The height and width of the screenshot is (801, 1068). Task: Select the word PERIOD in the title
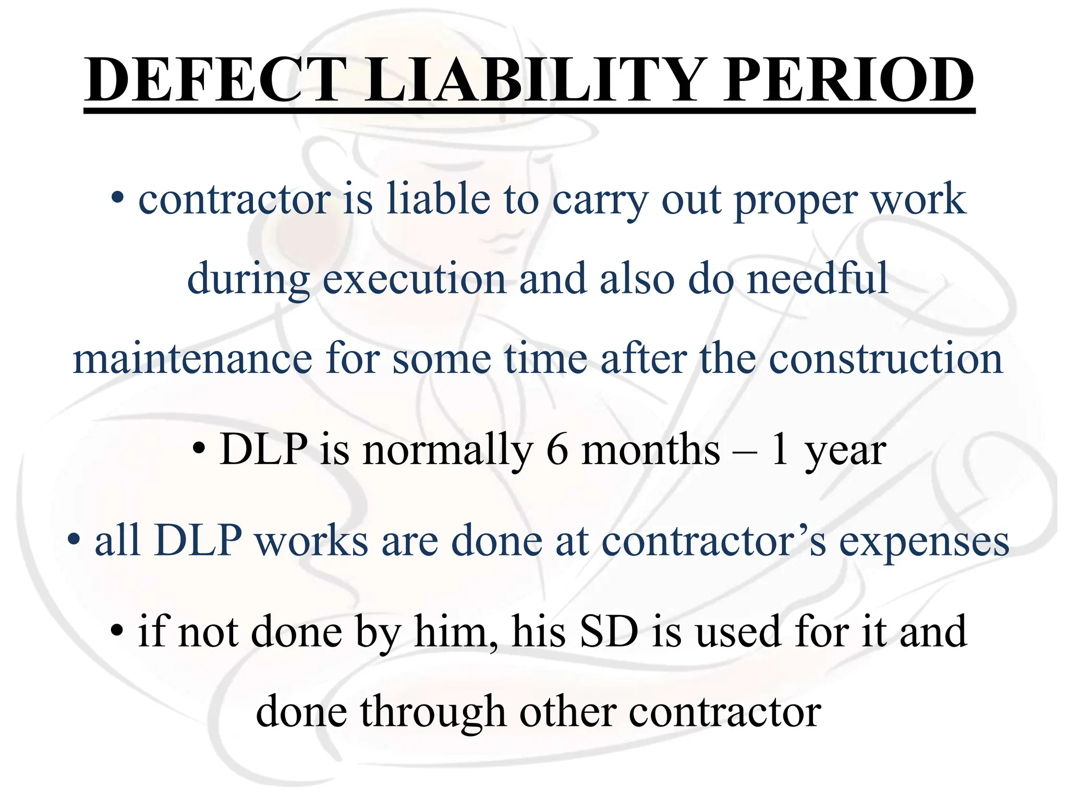[848, 81]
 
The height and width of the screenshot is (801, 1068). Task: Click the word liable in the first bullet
[438, 199]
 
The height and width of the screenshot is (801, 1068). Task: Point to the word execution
[415, 279]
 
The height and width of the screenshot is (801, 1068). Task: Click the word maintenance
[192, 359]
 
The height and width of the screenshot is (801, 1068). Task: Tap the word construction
[886, 359]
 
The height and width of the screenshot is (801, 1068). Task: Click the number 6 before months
[557, 450]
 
